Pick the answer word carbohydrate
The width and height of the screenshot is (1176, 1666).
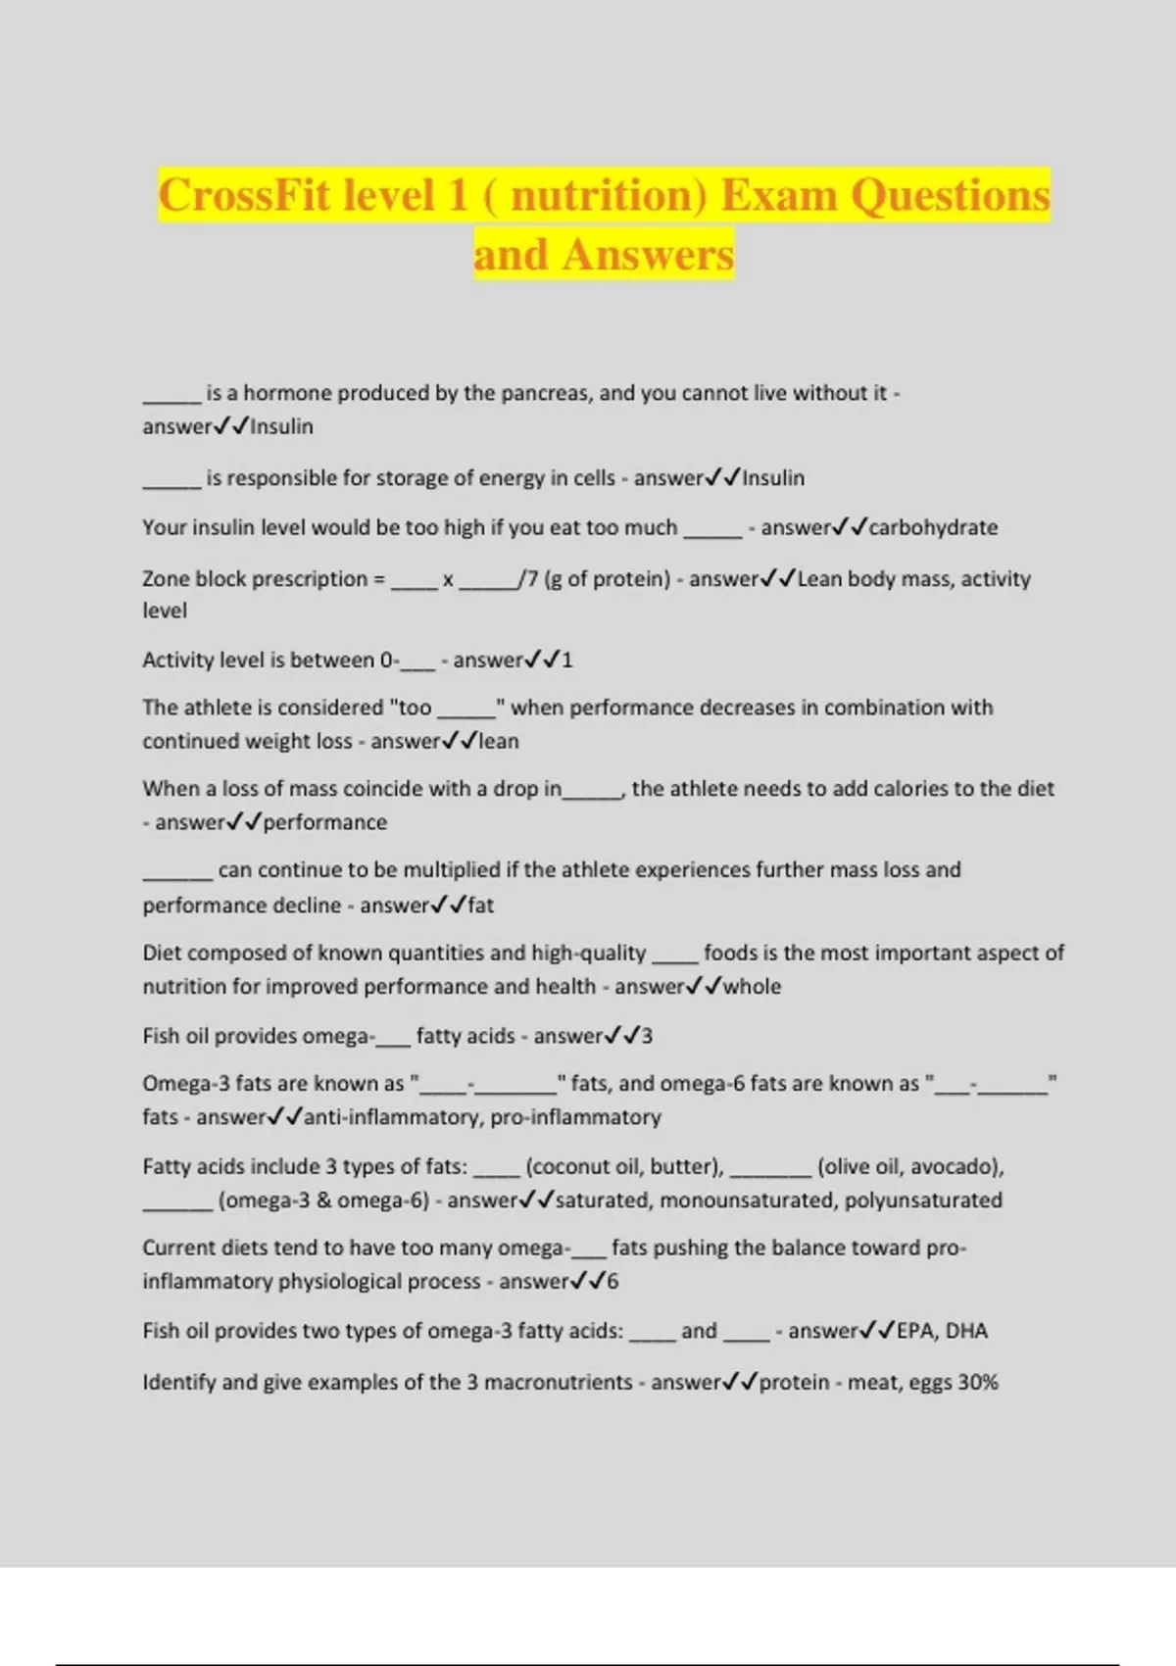click(x=933, y=527)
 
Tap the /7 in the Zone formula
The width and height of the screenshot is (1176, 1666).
click(x=529, y=578)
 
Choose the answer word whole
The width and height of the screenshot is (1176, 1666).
click(x=752, y=987)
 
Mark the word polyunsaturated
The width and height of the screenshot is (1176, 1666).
click(x=923, y=1200)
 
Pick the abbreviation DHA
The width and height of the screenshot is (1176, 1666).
click(x=966, y=1331)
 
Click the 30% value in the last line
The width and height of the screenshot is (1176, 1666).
click(x=978, y=1383)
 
